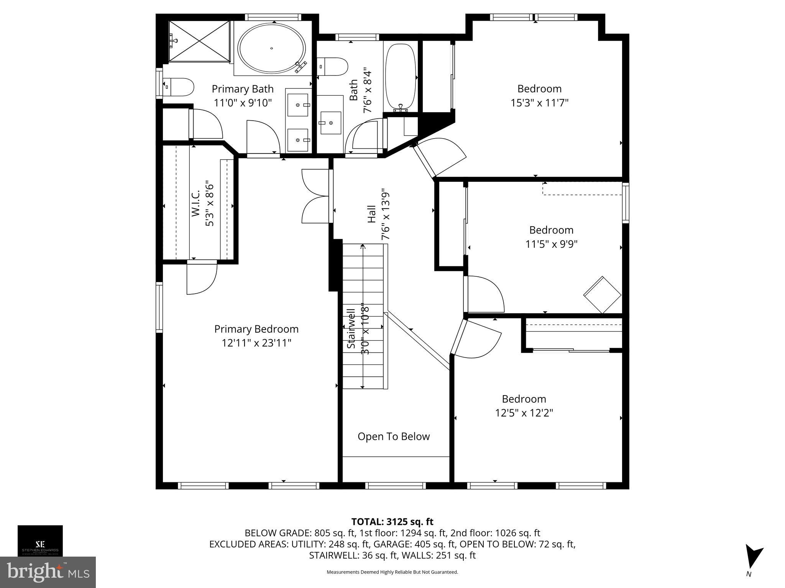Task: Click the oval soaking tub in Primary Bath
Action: [271, 48]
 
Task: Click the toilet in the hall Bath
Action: [333, 67]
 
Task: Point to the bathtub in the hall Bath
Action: [400, 77]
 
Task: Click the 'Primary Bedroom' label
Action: [256, 329]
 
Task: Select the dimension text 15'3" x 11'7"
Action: [539, 103]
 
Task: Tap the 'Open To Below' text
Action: [394, 436]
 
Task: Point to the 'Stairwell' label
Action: [351, 329]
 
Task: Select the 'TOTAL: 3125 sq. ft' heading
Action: [392, 522]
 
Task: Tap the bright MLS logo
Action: [48, 572]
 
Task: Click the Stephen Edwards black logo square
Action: [40, 541]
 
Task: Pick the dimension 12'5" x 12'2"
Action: [524, 413]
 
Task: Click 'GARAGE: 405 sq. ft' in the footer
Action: [414, 544]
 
